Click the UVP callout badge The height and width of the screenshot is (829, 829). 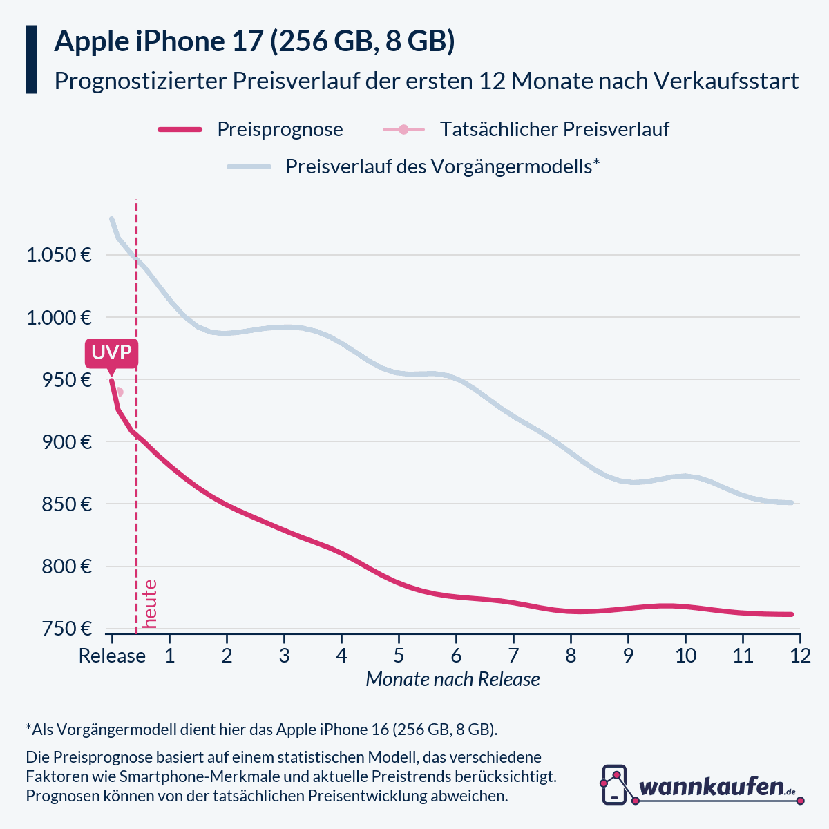pos(111,353)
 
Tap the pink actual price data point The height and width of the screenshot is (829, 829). pos(119,392)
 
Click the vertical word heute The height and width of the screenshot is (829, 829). pos(149,604)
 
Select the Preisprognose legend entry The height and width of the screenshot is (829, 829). pos(279,129)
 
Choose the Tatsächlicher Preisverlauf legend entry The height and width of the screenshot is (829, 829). pos(554,129)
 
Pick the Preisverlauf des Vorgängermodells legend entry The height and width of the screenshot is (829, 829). pos(442,166)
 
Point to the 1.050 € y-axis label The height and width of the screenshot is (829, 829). pos(59,255)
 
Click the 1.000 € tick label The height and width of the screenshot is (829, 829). pos(59,318)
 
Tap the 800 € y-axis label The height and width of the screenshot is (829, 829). pos(68,566)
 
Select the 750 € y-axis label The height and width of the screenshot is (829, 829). pos(68,629)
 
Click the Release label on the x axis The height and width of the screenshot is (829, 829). pos(112,656)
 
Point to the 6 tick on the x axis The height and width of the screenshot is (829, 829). pos(456,656)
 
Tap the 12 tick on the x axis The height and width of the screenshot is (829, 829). pos(800,656)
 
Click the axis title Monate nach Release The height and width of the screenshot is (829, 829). pos(452,680)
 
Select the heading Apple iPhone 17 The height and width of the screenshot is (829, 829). pos(159,41)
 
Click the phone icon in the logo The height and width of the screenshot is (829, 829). pos(614,784)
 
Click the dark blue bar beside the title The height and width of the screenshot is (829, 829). pos(31,59)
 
